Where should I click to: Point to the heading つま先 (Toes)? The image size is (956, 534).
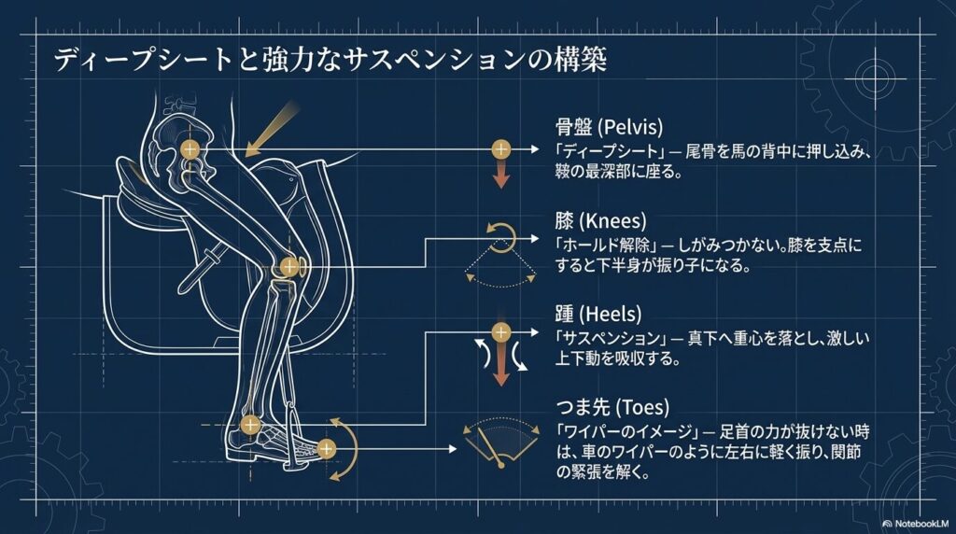click(x=617, y=408)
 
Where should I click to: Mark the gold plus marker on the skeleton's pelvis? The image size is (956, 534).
click(x=190, y=149)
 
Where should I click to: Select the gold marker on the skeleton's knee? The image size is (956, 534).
click(x=288, y=267)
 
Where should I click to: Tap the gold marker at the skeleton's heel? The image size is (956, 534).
click(x=249, y=426)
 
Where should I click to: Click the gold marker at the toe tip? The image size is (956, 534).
click(x=326, y=448)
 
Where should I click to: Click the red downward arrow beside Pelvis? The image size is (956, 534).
click(x=501, y=176)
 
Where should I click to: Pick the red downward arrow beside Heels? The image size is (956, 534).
click(x=501, y=367)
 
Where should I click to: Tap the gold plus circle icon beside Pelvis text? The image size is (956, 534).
click(x=501, y=149)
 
